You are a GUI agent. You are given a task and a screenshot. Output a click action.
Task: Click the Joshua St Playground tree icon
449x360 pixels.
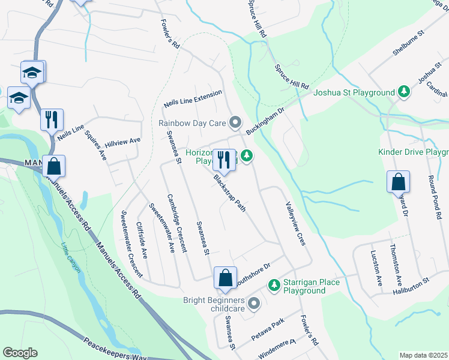(405, 92)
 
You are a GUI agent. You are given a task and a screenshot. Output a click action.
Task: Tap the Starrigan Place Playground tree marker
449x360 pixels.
(274, 284)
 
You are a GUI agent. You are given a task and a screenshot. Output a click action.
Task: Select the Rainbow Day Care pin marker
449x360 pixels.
(235, 124)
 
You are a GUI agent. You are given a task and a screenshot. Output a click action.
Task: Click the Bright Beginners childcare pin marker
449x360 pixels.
(253, 302)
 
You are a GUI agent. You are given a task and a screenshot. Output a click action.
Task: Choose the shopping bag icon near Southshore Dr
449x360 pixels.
(225, 278)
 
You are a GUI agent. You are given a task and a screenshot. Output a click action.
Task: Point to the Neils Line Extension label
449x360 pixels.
(193, 100)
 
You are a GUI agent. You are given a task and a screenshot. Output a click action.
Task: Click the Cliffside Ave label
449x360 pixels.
(142, 240)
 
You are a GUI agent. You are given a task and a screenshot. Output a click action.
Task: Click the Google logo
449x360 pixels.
(20, 353)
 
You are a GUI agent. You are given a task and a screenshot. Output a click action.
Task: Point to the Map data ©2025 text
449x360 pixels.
(423, 355)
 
